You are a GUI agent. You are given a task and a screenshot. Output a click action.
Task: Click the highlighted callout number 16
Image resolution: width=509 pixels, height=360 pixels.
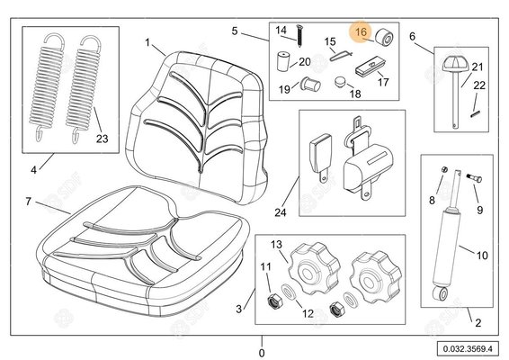pos(361,31)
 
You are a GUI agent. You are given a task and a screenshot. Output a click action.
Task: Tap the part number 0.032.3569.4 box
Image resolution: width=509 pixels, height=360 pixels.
pos(468,349)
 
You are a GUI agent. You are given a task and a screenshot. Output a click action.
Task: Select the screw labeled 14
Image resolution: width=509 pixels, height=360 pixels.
pos(299,35)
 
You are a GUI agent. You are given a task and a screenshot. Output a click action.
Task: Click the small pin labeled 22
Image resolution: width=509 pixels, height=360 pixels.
pos(475,113)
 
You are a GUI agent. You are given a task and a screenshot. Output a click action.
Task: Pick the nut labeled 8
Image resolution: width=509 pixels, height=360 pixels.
pos(445,169)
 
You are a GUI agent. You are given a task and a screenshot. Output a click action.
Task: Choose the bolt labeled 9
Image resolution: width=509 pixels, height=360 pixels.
pos(474,177)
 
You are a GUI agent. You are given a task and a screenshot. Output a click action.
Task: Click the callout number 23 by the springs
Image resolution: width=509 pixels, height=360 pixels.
pos(102,139)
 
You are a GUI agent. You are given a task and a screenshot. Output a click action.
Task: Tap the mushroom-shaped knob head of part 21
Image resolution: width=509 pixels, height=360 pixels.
pos(455,65)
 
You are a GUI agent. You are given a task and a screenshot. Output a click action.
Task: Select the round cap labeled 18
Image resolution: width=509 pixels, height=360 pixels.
pos(340,81)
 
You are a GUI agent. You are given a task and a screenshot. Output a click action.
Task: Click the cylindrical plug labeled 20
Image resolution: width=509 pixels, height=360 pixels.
pos(282,61)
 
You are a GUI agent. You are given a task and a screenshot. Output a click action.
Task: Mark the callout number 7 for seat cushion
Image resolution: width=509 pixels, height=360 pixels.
pos(28,202)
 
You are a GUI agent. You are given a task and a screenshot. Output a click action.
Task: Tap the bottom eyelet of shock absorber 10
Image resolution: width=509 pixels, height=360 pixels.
pos(441,293)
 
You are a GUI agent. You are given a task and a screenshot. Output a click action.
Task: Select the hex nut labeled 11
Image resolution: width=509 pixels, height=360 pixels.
pos(274,302)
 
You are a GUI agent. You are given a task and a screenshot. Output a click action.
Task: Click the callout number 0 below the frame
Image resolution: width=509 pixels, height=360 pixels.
pos(262,353)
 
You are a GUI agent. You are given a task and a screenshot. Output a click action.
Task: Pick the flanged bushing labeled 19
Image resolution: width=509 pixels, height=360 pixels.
pos(310,85)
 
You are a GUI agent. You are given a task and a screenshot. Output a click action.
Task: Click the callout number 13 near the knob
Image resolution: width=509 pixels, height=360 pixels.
pos(277,244)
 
